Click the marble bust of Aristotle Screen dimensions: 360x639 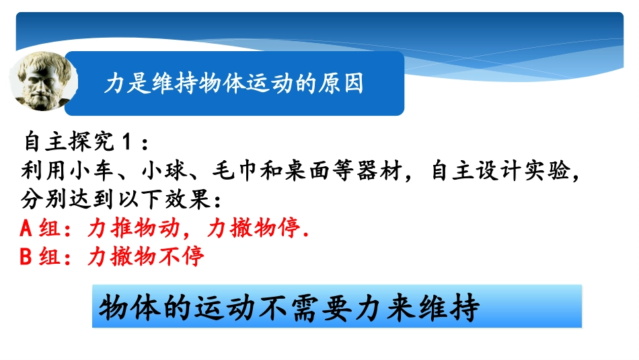coord(43,83)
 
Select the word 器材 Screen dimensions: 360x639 coord(391,171)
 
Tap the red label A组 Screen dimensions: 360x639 coord(40,229)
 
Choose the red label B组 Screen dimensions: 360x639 coord(40,257)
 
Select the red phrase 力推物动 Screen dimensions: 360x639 coord(134,229)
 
